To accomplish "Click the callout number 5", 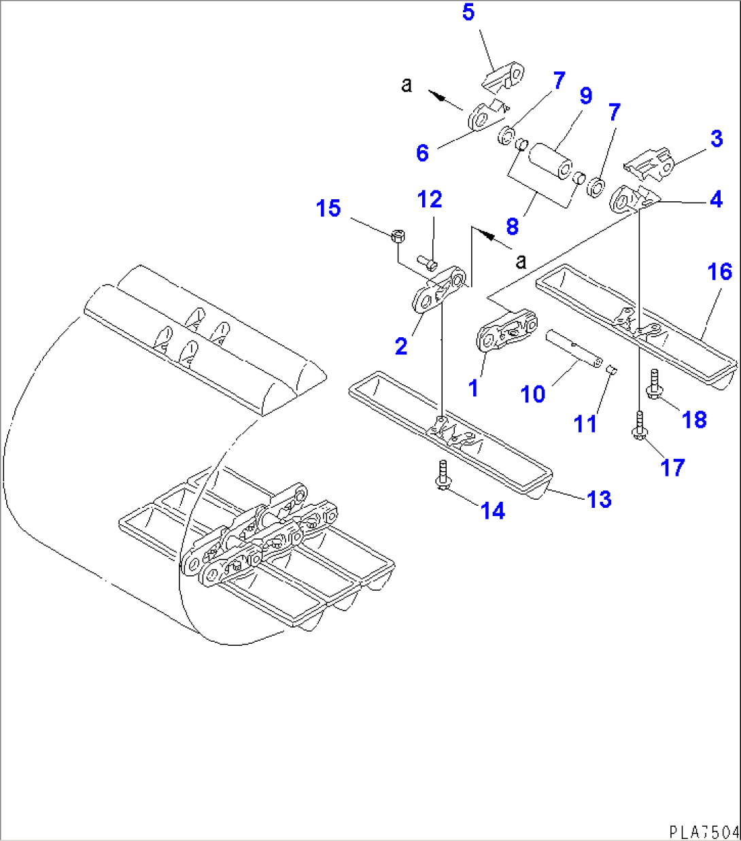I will pyautogui.click(x=468, y=13).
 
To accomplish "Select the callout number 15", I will pyautogui.click(x=328, y=208).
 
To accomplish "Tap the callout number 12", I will pyautogui.click(x=430, y=199).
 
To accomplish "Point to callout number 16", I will pyautogui.click(x=719, y=272).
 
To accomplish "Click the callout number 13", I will pyautogui.click(x=599, y=499).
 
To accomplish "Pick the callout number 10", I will pyautogui.click(x=533, y=394).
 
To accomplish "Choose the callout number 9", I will pyautogui.click(x=585, y=96).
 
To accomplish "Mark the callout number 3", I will pyautogui.click(x=717, y=139).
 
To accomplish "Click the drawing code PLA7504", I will pyautogui.click(x=704, y=831).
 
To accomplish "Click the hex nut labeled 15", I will pyautogui.click(x=398, y=237).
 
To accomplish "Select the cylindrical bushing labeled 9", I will pyautogui.click(x=551, y=160).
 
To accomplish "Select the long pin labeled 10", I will pyautogui.click(x=574, y=347).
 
